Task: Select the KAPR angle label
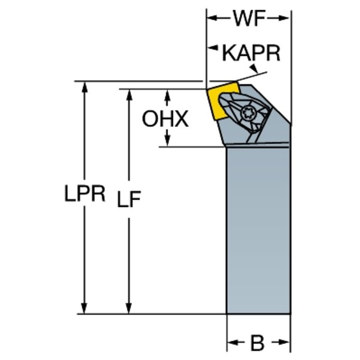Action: coord(251,53)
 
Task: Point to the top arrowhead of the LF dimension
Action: coord(128,94)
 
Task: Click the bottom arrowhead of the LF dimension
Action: coord(128,308)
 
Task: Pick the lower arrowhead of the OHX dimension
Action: coord(167,142)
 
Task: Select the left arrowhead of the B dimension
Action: coord(231,344)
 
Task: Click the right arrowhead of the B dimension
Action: coord(286,344)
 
